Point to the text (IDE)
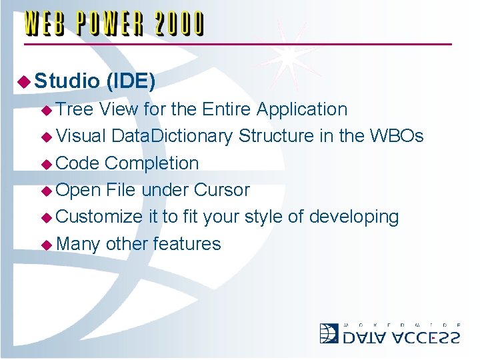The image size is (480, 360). click(x=130, y=81)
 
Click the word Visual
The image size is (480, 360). click(x=81, y=136)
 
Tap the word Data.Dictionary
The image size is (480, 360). click(x=172, y=137)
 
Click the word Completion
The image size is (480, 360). click(x=152, y=163)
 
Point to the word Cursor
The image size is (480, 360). click(x=221, y=190)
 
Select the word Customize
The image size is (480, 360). click(x=99, y=217)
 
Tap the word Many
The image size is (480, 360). click(x=78, y=244)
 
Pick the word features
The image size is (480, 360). click(x=187, y=243)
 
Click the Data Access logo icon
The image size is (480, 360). click(x=329, y=333)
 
